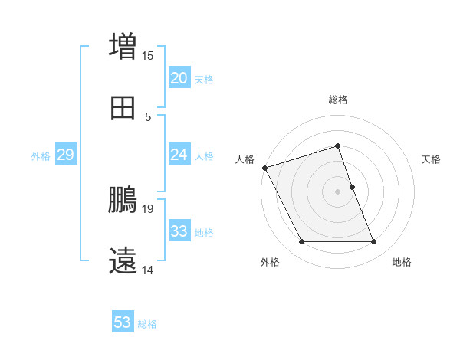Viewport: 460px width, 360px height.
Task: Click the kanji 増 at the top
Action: (123, 45)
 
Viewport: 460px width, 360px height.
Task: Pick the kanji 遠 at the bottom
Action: (123, 260)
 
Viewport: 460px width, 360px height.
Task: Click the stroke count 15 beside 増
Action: (148, 55)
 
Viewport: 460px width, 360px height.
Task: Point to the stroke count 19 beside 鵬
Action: (148, 208)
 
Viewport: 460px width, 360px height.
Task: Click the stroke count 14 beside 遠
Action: (148, 270)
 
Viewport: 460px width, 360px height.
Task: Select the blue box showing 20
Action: (179, 78)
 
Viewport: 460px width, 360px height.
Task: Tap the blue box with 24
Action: (179, 155)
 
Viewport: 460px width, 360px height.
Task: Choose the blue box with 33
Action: (179, 231)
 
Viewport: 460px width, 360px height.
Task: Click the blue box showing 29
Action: (65, 155)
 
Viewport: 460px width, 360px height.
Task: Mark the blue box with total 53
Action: (123, 322)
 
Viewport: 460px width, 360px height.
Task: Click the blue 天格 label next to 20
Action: (204, 80)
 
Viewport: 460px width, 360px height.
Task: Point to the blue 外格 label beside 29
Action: (41, 156)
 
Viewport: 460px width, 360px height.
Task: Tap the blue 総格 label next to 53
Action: (148, 324)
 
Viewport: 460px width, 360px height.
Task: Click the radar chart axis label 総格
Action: (338, 100)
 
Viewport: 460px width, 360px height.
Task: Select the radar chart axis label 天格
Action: (432, 159)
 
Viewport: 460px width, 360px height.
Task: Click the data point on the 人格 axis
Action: (264, 168)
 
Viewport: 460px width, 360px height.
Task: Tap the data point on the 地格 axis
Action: (374, 242)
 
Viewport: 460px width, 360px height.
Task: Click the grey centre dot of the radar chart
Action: (338, 191)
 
